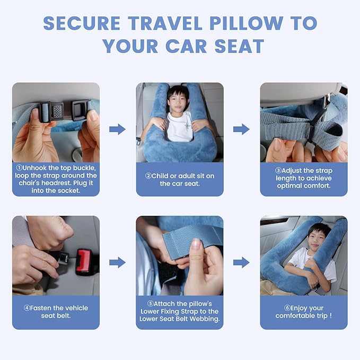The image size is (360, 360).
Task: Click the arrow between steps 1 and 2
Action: (x=117, y=129)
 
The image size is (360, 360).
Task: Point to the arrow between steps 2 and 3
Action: (x=241, y=129)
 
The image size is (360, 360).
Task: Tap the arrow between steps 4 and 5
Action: (x=117, y=262)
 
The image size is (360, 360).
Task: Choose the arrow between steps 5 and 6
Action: (x=241, y=262)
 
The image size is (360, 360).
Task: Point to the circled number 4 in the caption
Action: (x=26, y=308)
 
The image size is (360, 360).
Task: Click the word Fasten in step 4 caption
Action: (x=42, y=308)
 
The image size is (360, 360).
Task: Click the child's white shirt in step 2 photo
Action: (x=179, y=127)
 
